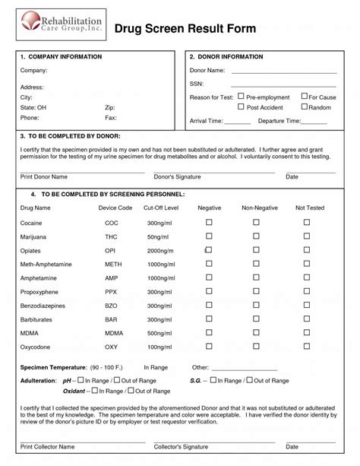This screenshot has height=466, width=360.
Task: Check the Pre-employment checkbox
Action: click(241, 97)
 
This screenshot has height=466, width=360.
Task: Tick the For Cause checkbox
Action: click(304, 97)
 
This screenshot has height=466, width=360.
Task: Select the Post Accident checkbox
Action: click(241, 107)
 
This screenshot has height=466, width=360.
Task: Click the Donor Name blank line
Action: click(283, 72)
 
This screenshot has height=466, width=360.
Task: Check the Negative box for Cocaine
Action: click(209, 222)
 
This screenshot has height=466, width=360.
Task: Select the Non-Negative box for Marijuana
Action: click(256, 236)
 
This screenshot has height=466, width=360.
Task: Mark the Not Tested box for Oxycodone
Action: click(308, 346)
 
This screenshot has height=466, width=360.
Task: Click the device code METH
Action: click(112, 264)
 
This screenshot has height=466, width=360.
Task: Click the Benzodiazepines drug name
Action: click(43, 305)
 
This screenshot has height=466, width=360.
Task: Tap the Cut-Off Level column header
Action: click(161, 208)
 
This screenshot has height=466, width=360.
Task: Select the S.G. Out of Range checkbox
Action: click(249, 380)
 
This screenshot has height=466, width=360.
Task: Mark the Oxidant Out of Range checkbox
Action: click(131, 391)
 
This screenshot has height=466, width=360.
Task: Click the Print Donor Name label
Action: click(44, 176)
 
